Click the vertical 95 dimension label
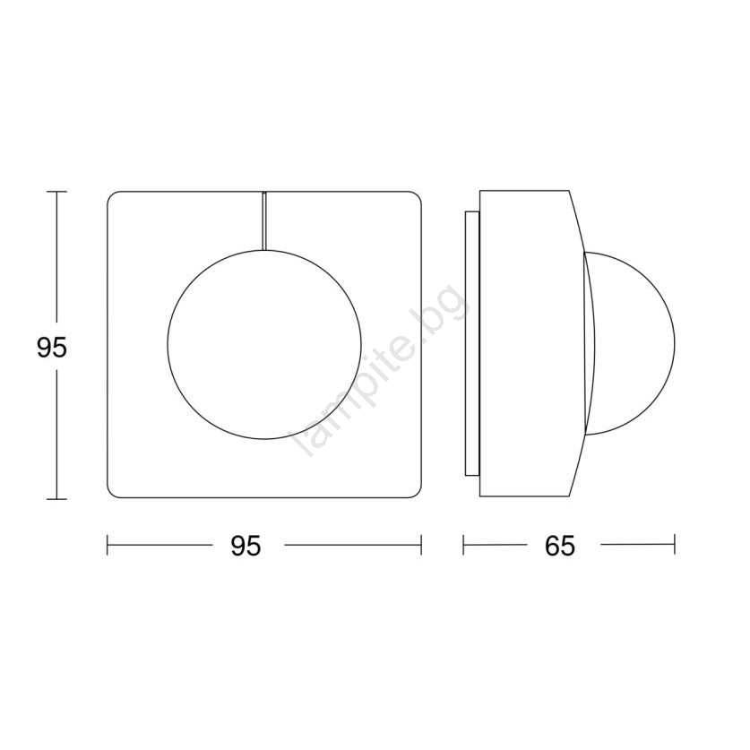click(x=52, y=348)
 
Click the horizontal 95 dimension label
click(x=246, y=546)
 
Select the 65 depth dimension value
click(x=560, y=546)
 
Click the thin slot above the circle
click(x=264, y=221)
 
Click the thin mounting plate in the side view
click(x=471, y=343)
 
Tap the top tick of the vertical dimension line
click(x=57, y=192)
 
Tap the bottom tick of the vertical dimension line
click(x=57, y=499)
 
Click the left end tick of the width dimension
click(x=108, y=545)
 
